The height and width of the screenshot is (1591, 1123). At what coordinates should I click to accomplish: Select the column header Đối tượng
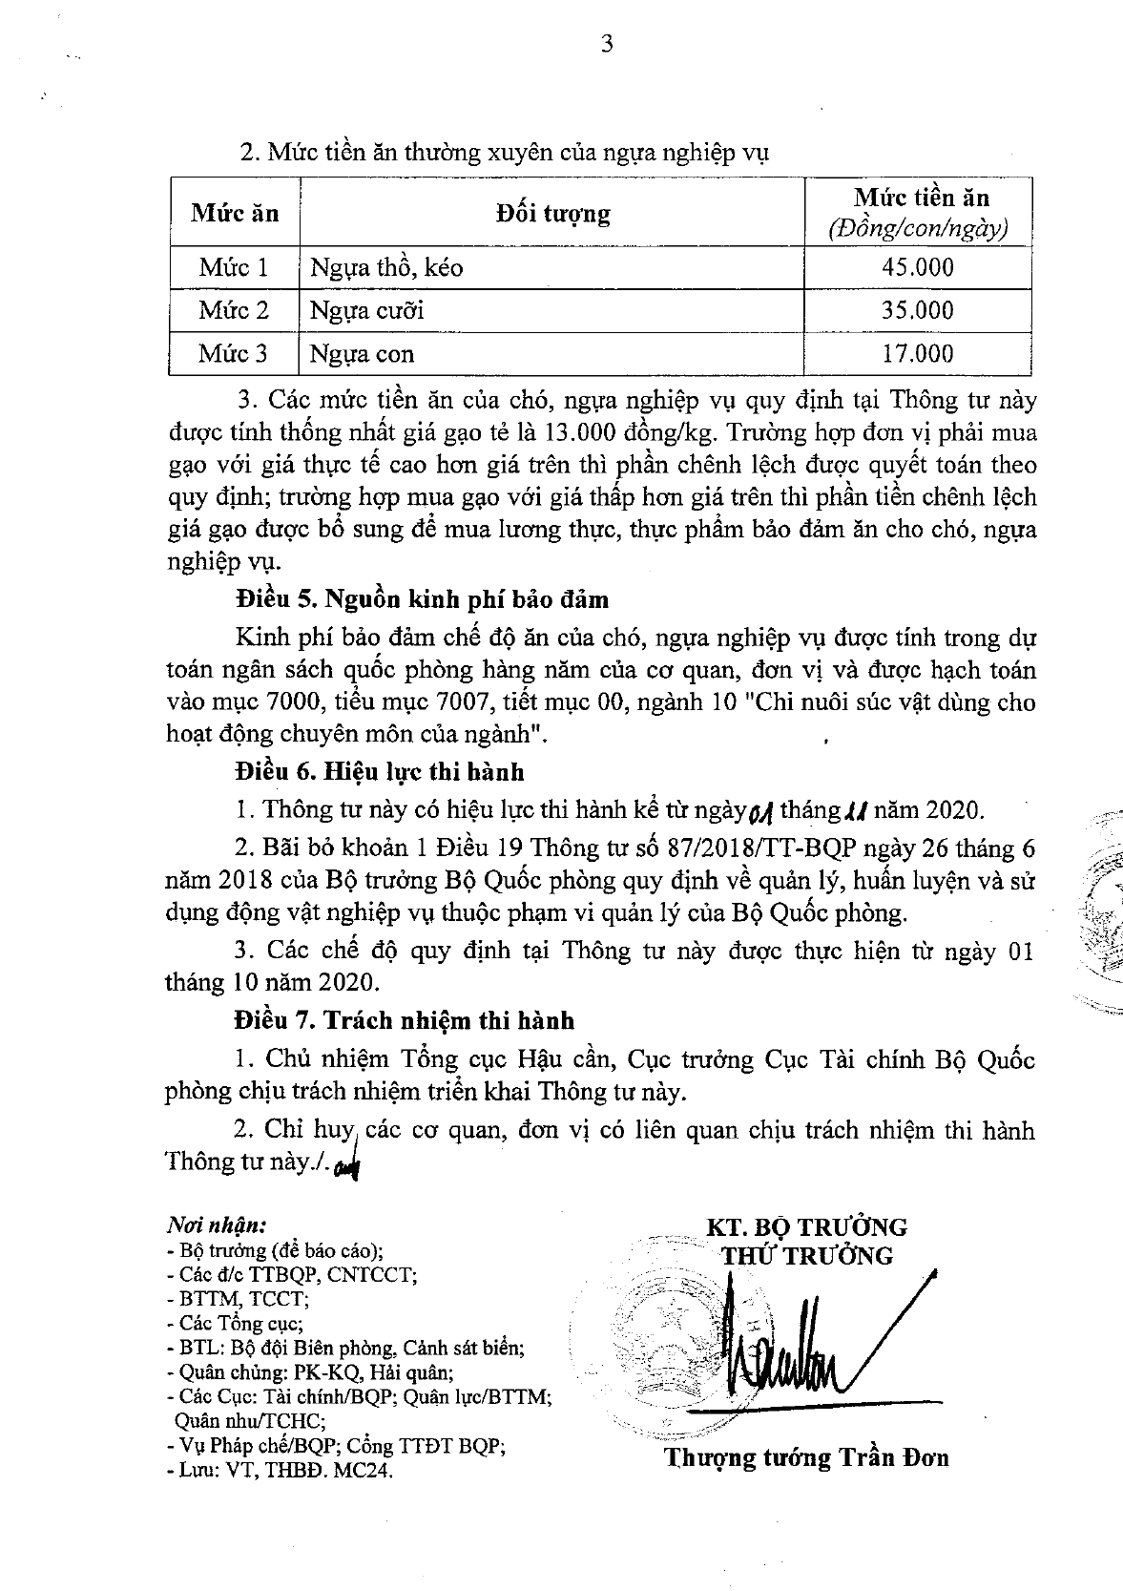pyautogui.click(x=552, y=212)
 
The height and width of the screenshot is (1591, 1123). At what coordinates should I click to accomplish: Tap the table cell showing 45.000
pyautogui.click(x=917, y=267)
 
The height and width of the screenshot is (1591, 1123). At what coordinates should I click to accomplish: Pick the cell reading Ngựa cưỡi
pyautogui.click(x=367, y=310)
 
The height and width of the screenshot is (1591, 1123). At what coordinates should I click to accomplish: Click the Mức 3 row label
pyautogui.click(x=233, y=354)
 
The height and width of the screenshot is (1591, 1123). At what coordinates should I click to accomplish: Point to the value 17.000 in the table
pyautogui.click(x=917, y=354)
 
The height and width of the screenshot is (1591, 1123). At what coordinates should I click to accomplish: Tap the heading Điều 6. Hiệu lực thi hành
pyautogui.click(x=380, y=770)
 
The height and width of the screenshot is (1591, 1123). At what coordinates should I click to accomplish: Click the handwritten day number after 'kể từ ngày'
pyautogui.click(x=760, y=812)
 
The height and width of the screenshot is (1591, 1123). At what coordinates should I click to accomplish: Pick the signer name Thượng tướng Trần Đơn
pyautogui.click(x=806, y=1457)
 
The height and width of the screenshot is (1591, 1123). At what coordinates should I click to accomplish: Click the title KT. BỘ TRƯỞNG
pyautogui.click(x=806, y=1226)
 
